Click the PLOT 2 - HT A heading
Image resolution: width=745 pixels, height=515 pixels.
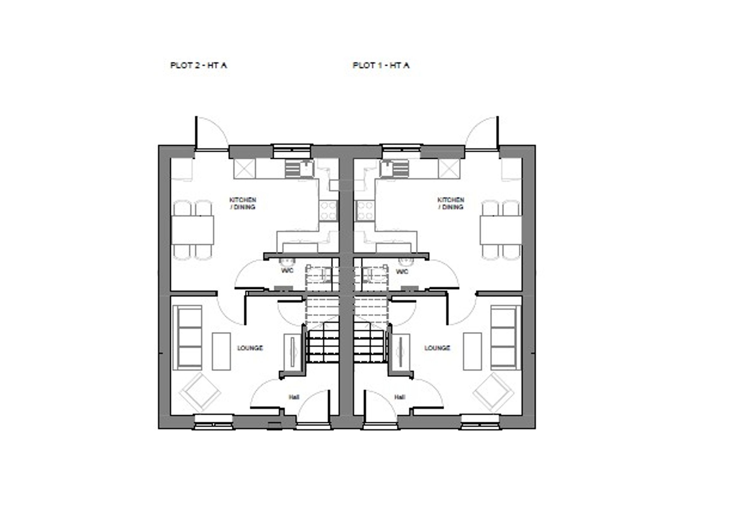point(198,65)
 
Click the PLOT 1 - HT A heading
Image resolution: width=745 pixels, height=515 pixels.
point(381,65)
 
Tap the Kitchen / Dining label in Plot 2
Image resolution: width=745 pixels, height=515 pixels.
point(243,203)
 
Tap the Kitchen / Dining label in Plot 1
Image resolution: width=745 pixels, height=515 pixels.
point(451,203)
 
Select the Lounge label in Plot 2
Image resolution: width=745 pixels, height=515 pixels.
point(250,348)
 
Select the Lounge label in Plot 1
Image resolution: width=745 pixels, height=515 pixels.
point(437,348)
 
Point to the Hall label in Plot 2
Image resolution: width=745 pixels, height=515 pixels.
point(294,397)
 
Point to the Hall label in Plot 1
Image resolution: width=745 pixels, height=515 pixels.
point(400,397)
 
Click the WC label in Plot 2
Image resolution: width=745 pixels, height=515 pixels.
point(287,270)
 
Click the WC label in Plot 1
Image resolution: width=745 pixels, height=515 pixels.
point(402,272)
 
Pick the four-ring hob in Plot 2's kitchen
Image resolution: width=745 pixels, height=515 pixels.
point(328,210)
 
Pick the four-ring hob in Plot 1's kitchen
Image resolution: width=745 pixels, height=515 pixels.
point(365,210)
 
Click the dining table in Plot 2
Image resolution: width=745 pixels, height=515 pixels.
point(192,230)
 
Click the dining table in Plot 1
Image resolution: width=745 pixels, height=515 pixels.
point(501,230)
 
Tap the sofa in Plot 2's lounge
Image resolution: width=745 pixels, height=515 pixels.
point(188,338)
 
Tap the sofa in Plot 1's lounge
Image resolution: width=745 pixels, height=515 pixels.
point(505,338)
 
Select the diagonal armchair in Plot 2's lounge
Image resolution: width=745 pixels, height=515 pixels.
point(200,393)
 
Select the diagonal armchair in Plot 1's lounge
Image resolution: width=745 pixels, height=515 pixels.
point(493,393)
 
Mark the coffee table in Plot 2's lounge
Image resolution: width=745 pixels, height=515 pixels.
point(222,351)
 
